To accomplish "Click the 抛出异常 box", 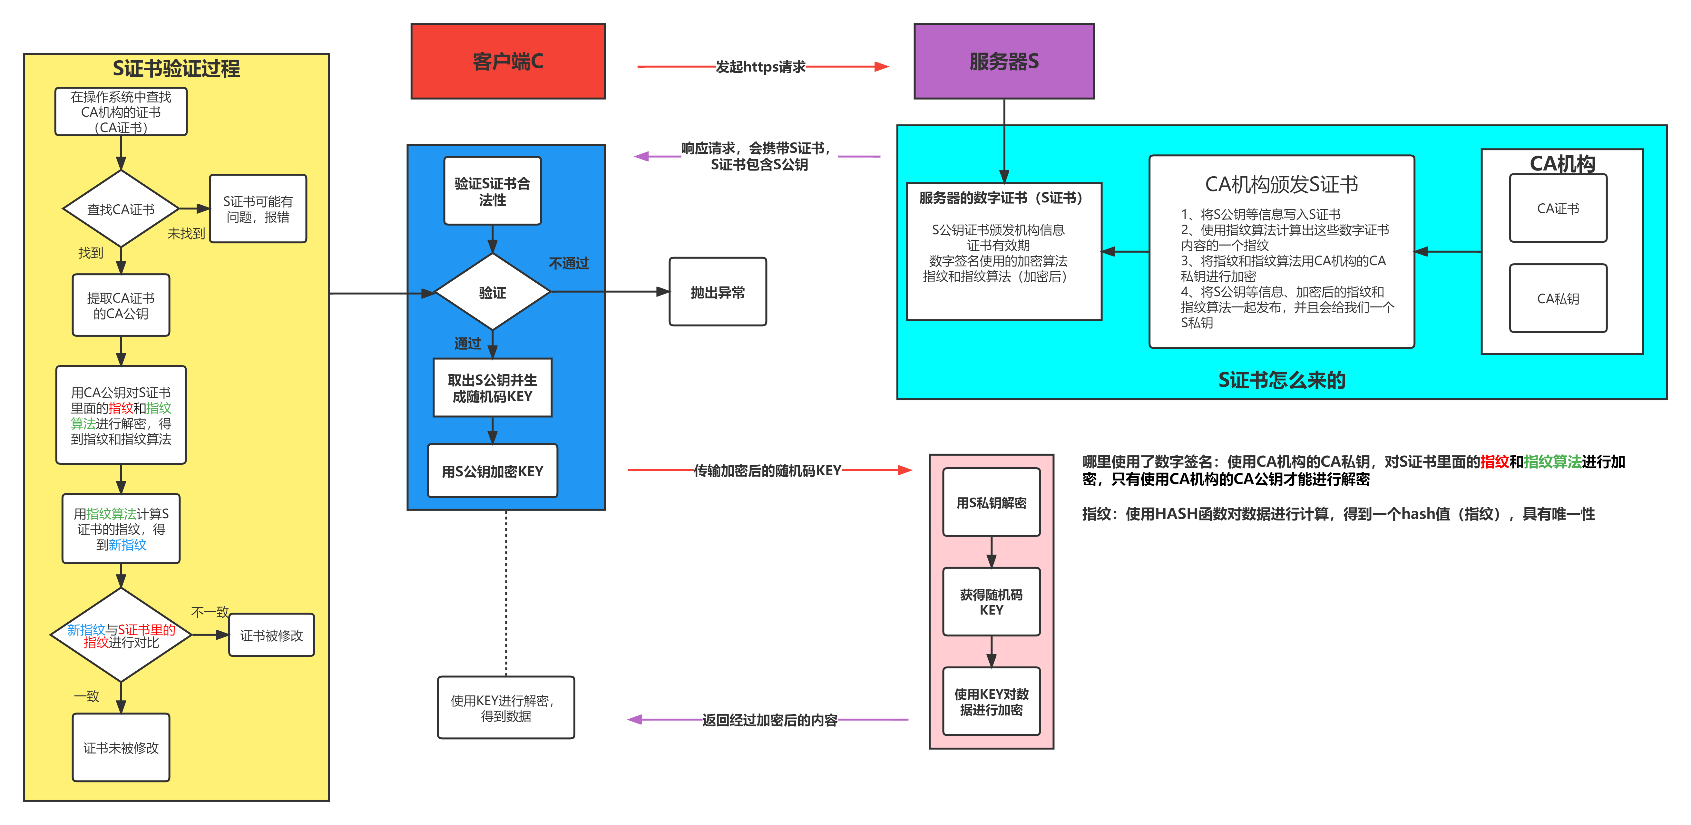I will pyautogui.click(x=718, y=292).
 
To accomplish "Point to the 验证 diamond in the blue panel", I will pyautogui.click(x=492, y=292).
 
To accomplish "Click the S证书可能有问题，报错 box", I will pyautogui.click(x=258, y=209).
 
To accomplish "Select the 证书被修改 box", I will pyautogui.click(x=271, y=635).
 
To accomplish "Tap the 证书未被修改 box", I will pyautogui.click(x=121, y=748).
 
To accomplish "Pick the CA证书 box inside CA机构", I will pyautogui.click(x=1558, y=208).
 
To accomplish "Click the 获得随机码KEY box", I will pyautogui.click(x=991, y=602).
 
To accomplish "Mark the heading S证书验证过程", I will pyautogui.click(x=176, y=68).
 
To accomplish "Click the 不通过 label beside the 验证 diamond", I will pyautogui.click(x=569, y=263).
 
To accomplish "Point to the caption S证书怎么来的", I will pyautogui.click(x=1281, y=380).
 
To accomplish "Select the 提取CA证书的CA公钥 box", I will pyautogui.click(x=121, y=305).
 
